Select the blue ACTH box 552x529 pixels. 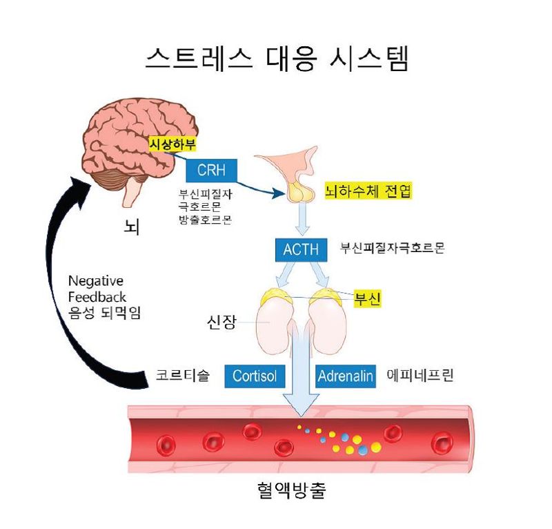pyautogui.click(x=301, y=249)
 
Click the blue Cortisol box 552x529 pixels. pyautogui.click(x=255, y=376)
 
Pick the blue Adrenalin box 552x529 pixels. pyautogui.click(x=345, y=376)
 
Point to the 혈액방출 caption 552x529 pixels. pyautogui.click(x=286, y=491)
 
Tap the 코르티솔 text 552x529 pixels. pyautogui.click(x=182, y=376)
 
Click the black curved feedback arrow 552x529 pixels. pyautogui.click(x=66, y=290)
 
